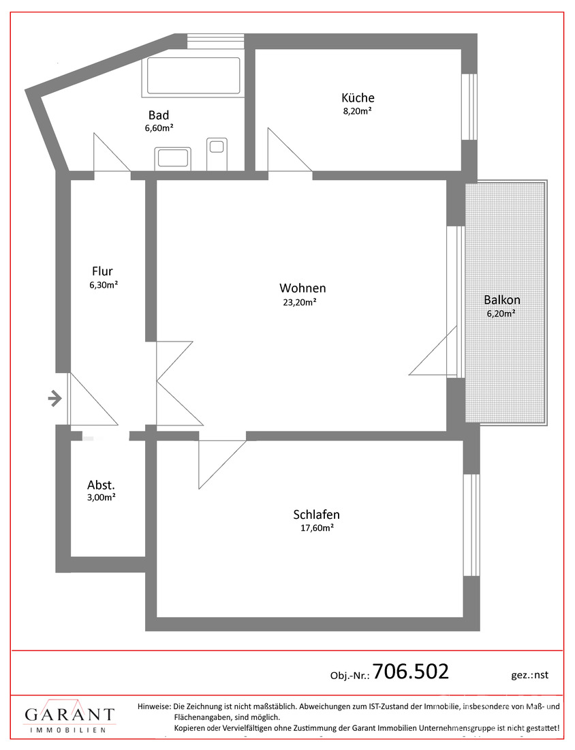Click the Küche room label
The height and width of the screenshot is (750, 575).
(x=358, y=97)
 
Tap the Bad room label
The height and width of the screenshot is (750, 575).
(x=159, y=115)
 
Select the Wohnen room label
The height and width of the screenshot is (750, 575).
(x=302, y=288)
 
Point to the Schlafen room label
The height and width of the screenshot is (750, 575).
(x=316, y=515)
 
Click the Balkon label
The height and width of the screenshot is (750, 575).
(x=502, y=300)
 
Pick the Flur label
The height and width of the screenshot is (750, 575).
(x=102, y=271)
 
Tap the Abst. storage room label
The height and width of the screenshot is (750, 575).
(x=101, y=485)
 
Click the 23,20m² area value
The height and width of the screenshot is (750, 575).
(x=300, y=302)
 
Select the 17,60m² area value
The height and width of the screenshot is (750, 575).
(x=316, y=528)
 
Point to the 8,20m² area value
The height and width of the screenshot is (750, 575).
(x=358, y=111)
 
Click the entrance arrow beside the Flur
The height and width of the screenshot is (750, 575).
(x=55, y=398)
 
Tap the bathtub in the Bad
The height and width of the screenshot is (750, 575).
(x=193, y=76)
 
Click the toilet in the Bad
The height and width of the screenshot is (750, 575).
(x=217, y=154)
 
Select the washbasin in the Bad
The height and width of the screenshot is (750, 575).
(x=172, y=159)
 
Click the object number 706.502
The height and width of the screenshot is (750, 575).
(x=411, y=672)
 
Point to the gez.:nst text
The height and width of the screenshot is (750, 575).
(x=529, y=675)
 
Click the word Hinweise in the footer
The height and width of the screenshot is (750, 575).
(x=154, y=706)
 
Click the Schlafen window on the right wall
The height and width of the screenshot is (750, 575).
(x=471, y=525)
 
